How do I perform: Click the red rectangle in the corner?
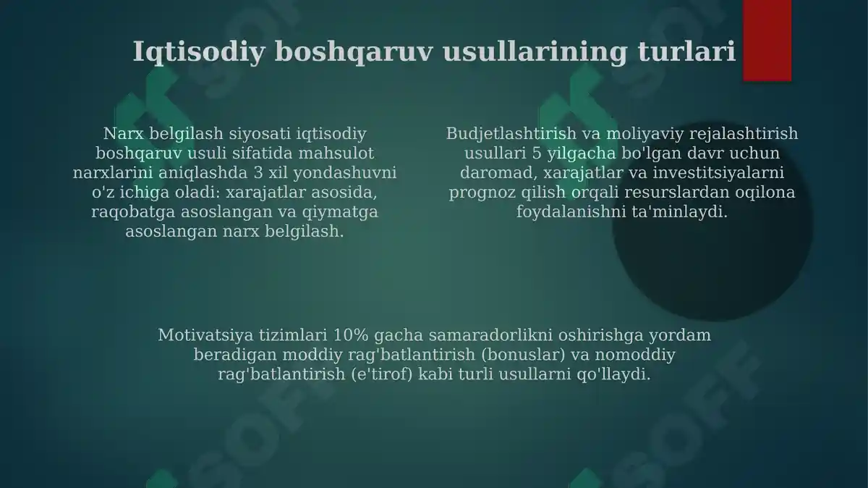tap(767, 40)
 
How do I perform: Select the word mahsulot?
tap(339, 153)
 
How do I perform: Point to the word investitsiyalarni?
tap(720, 173)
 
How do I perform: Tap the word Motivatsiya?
tap(204, 336)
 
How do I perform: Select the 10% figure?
tap(350, 336)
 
